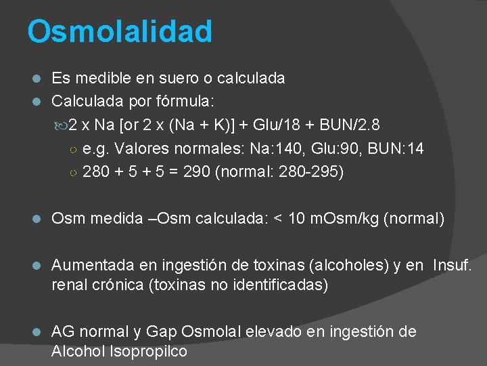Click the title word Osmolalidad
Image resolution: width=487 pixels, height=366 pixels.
pos(120,31)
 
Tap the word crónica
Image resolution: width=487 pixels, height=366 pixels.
pos(117,285)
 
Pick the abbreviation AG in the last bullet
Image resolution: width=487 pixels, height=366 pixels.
pos(63,331)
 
